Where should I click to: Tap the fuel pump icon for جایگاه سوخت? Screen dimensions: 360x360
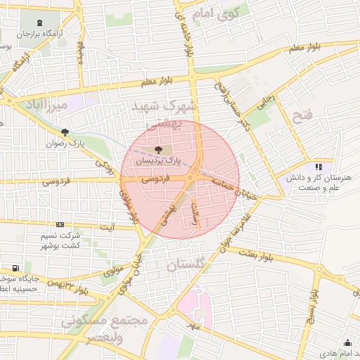coord(15,268)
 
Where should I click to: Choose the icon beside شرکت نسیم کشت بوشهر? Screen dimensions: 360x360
coord(59,224)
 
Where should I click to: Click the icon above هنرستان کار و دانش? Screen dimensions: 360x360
coord(319,167)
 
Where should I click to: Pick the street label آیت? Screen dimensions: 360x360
coord(107,227)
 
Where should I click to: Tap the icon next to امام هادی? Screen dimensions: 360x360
coord(347,342)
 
